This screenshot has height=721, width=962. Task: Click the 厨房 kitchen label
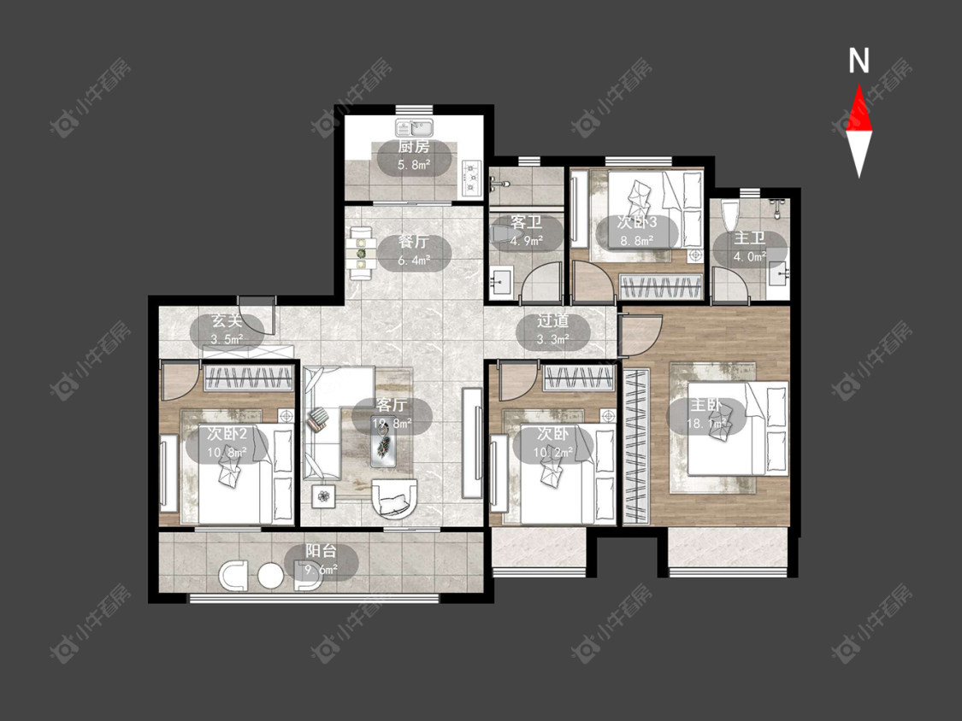coord(414,147)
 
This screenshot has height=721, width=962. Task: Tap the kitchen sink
coord(415,128)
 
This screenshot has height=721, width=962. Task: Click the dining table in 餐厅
coord(362,253)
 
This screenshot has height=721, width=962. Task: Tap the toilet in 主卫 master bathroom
coord(730,214)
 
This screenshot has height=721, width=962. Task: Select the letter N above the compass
coord(859,61)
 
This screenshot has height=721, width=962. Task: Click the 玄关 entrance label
coord(227,320)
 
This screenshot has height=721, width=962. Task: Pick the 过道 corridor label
coord(552,320)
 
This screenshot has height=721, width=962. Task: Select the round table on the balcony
coord(270,576)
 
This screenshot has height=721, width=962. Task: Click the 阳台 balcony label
coord(321,551)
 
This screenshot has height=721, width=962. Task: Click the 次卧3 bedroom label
coord(637,222)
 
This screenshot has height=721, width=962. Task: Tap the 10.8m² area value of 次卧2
coord(227,453)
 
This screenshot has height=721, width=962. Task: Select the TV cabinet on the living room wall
coord(472,443)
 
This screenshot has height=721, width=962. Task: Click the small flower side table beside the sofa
coord(323,495)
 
